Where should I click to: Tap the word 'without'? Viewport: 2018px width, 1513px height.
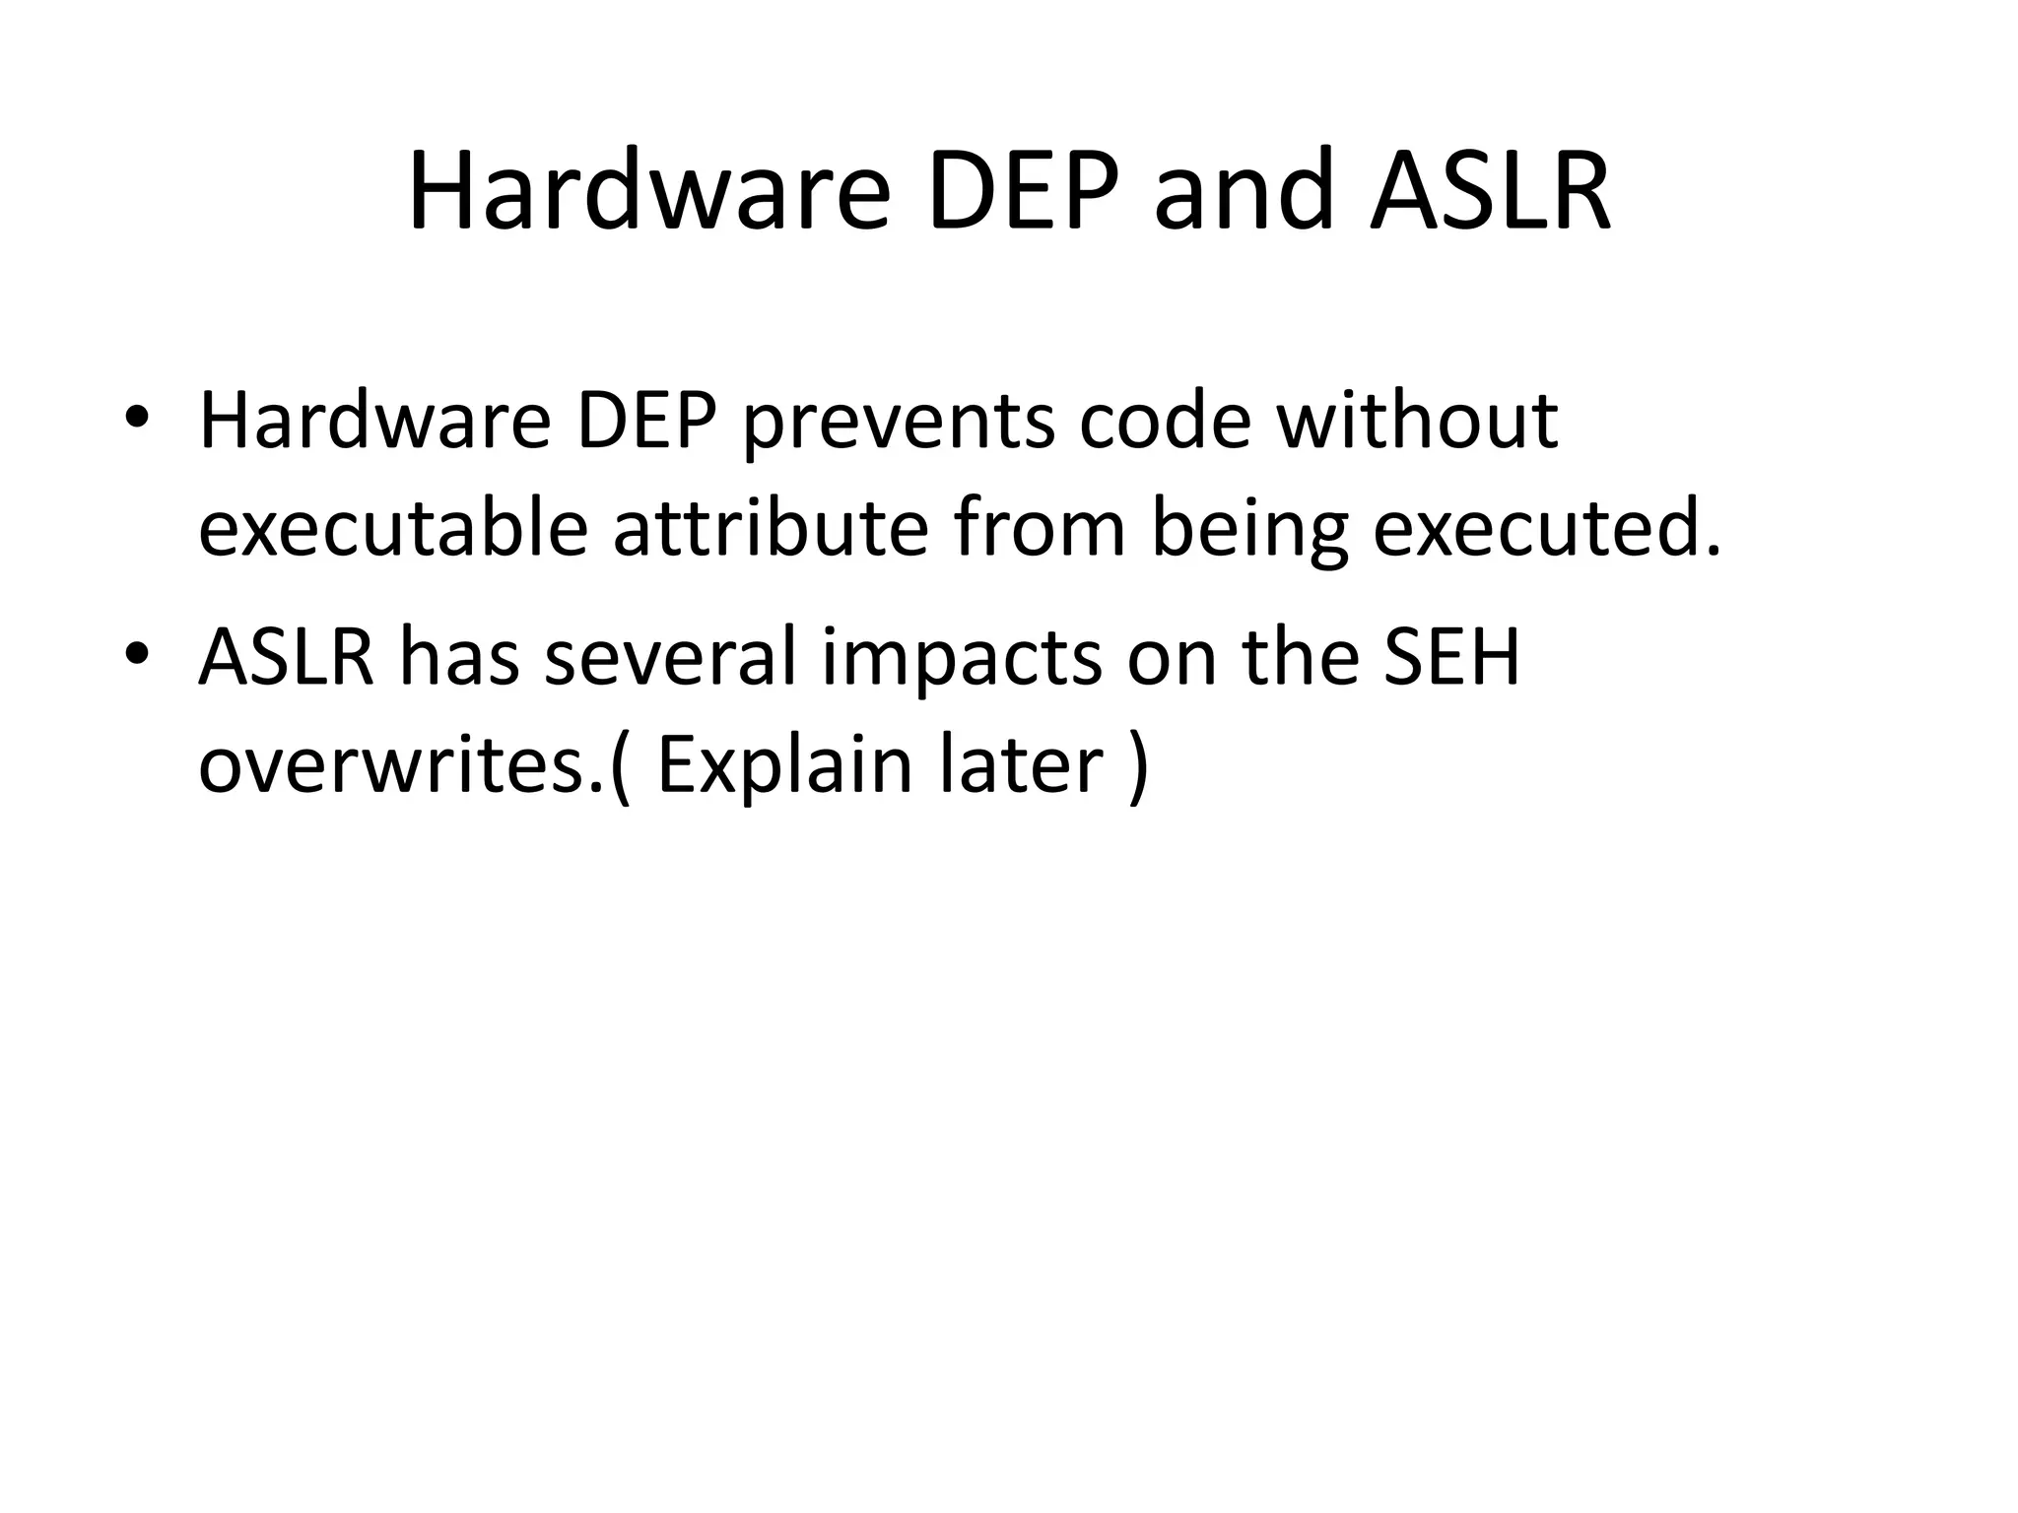(1417, 422)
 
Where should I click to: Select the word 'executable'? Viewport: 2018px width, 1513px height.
(393, 529)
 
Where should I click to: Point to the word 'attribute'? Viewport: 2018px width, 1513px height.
(771, 529)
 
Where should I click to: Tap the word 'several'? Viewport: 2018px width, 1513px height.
(669, 658)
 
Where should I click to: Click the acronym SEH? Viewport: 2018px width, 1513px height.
(1450, 658)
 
